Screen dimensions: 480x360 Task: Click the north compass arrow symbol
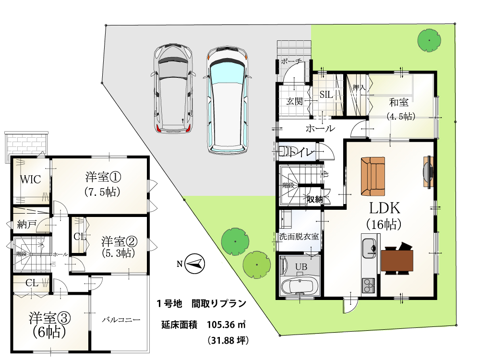[x=195, y=264]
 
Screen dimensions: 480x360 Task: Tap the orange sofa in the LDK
[x=373, y=176]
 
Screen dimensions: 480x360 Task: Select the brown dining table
[x=397, y=260]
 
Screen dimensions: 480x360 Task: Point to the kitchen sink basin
[x=369, y=248]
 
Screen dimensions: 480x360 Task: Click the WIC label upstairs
[x=30, y=180]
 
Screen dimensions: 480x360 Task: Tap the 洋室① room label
[x=103, y=177]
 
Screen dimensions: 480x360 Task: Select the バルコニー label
[x=121, y=320]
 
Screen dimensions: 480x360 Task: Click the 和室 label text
[x=398, y=102]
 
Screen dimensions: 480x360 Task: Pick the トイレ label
[x=301, y=152]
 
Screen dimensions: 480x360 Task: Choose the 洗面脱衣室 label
[x=299, y=236]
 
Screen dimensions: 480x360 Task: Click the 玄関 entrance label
[x=295, y=101]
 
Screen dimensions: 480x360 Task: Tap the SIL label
[x=326, y=95]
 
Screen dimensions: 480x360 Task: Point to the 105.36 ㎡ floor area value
[x=227, y=324]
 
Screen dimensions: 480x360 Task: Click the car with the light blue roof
[x=227, y=100]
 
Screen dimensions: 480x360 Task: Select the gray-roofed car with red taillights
[x=173, y=89]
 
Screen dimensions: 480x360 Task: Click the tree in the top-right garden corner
[x=429, y=40]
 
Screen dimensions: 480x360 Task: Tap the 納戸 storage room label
[x=26, y=225]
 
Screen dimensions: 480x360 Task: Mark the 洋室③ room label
[x=50, y=318]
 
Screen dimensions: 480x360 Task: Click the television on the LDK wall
[x=429, y=172]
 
